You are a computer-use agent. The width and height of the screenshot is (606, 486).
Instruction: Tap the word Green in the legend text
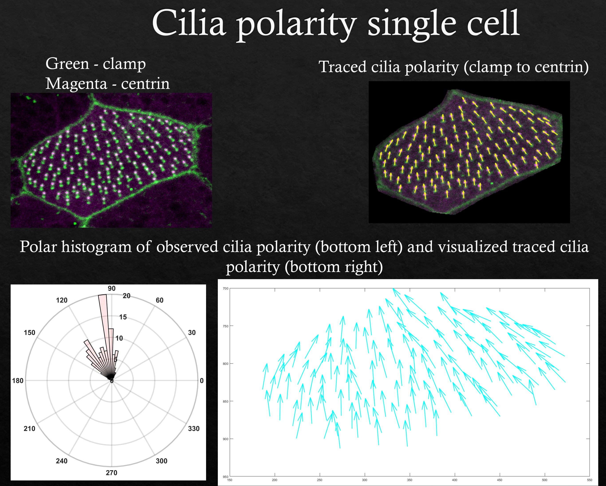coord(67,64)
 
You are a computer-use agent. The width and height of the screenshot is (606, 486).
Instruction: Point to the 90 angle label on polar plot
coord(112,288)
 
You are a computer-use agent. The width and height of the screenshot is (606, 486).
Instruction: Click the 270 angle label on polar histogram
coord(112,473)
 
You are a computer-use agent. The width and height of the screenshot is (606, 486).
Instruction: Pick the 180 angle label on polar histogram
coord(18,381)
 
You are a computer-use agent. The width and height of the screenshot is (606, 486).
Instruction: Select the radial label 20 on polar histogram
coord(126,296)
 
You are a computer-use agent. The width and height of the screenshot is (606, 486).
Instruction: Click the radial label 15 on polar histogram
coord(123,317)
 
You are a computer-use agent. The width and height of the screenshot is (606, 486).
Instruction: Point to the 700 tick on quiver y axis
coord(225,288)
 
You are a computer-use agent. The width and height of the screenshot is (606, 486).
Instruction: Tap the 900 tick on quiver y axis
coord(225,439)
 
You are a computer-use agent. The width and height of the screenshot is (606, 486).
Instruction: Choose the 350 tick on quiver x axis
coord(409,480)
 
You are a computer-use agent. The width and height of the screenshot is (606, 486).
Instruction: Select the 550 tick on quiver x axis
coord(589,480)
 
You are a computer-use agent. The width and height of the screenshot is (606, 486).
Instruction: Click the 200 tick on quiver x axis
coord(275,480)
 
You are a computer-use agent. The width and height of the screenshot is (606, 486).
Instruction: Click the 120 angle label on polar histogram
coord(62,300)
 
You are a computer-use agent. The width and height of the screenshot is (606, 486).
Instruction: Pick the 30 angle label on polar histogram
coord(192,333)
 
